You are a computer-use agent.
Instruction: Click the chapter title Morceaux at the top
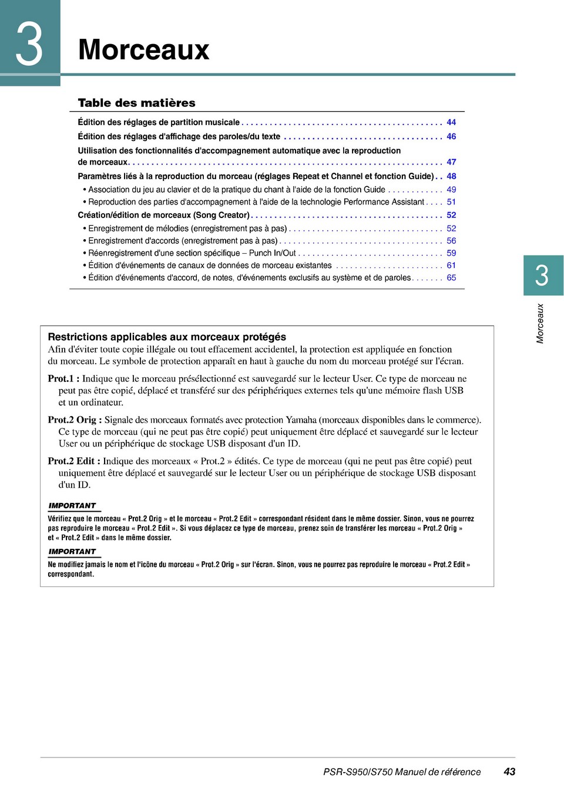point(143,49)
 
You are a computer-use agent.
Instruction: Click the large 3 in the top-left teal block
point(29,44)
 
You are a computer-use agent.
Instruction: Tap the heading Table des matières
point(136,103)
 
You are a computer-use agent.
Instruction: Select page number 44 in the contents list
point(451,122)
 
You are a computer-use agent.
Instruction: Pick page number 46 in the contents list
point(451,136)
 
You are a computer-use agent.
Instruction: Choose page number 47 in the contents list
point(451,162)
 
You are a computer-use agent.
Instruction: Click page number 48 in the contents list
point(451,176)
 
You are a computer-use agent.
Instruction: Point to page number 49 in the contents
point(451,190)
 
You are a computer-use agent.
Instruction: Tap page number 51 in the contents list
point(451,202)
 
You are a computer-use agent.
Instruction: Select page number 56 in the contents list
point(451,241)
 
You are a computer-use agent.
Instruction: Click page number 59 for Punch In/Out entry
point(451,253)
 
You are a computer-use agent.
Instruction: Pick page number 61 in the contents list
point(451,266)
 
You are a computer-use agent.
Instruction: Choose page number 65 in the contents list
point(451,278)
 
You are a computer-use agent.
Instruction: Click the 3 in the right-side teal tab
point(542,276)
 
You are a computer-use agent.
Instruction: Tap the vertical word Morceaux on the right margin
point(540,323)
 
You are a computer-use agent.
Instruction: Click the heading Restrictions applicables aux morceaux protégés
point(167,337)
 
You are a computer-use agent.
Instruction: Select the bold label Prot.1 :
point(63,378)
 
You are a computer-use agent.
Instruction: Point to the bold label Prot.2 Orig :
point(75,420)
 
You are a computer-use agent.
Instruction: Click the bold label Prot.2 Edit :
point(74,461)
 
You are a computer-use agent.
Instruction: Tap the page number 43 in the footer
point(509,772)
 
